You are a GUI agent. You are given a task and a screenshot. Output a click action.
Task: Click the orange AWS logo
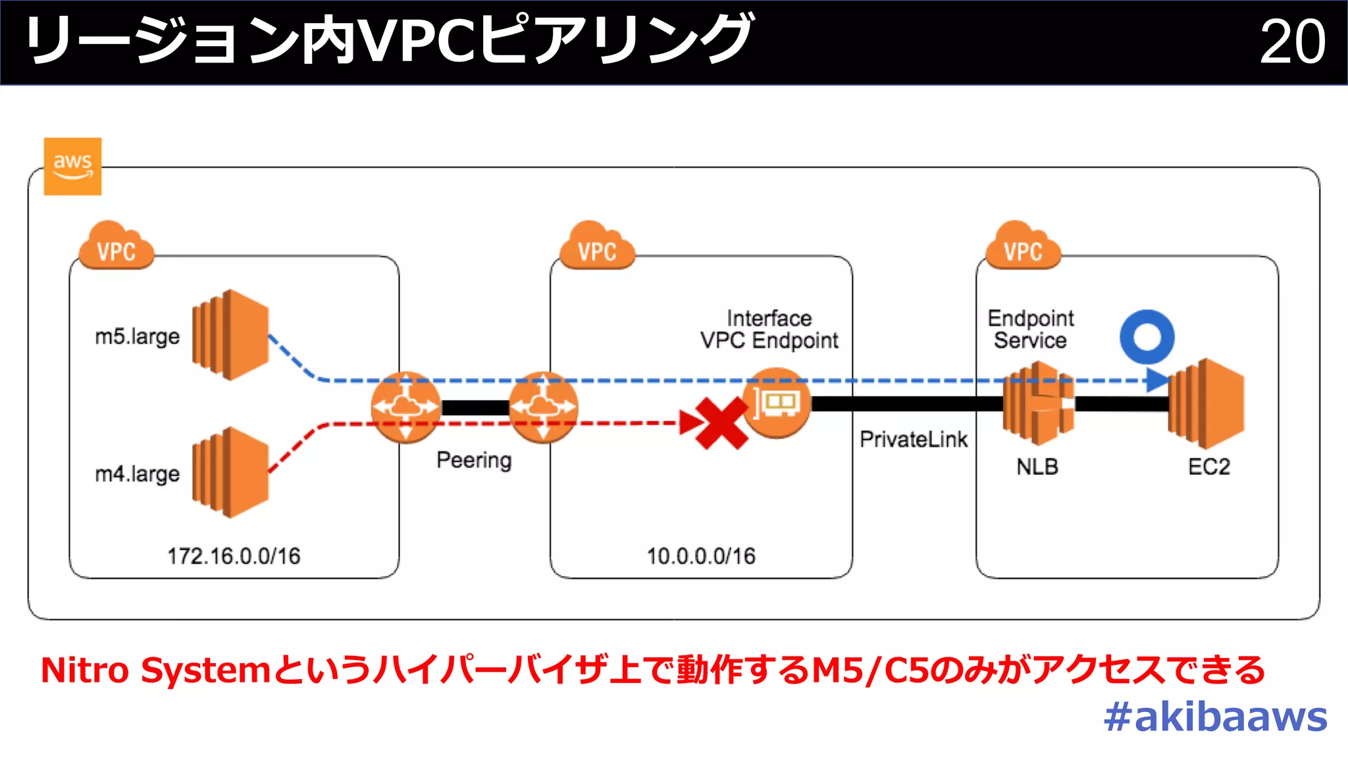tap(72, 166)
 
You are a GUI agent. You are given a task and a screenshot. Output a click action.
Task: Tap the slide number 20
tap(1292, 41)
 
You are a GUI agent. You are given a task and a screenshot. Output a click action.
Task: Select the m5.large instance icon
tap(230, 334)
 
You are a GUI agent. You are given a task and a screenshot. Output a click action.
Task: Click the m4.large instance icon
tap(230, 472)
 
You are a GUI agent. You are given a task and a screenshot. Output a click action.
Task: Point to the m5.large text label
tap(137, 336)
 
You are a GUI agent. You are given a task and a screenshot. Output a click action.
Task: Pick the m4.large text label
tap(137, 474)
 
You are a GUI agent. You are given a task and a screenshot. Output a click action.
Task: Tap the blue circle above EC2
tap(1147, 337)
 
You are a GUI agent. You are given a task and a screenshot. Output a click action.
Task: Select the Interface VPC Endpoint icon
tap(777, 403)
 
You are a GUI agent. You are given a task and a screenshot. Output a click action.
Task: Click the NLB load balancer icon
tap(1038, 403)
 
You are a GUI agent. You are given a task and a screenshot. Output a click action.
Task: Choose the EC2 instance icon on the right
tap(1206, 403)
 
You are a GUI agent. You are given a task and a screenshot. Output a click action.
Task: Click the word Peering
tap(474, 460)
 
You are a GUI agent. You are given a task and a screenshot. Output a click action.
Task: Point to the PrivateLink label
tap(914, 439)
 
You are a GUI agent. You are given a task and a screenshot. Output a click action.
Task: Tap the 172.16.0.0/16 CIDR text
tap(234, 556)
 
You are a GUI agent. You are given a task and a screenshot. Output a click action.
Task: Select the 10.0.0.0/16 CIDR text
tap(701, 556)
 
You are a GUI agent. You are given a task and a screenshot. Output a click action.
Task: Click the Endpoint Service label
tap(1031, 329)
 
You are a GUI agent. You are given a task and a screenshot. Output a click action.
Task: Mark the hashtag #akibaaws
tap(1216, 717)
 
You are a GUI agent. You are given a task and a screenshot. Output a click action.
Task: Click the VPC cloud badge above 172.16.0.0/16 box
tap(117, 246)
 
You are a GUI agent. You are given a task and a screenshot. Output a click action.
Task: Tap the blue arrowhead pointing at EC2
tap(1156, 380)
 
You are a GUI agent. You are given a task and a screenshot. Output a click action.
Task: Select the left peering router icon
tap(405, 407)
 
